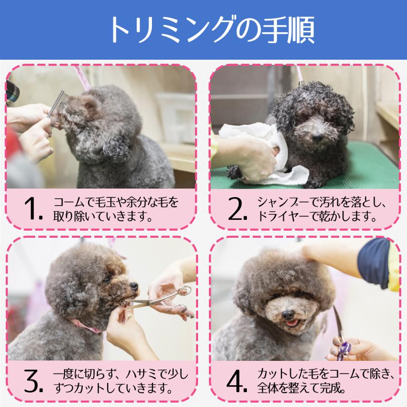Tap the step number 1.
pos(33,208)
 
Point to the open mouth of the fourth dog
pos(291,323)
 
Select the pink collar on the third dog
pos(86,326)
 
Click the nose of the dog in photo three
pos(134,286)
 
